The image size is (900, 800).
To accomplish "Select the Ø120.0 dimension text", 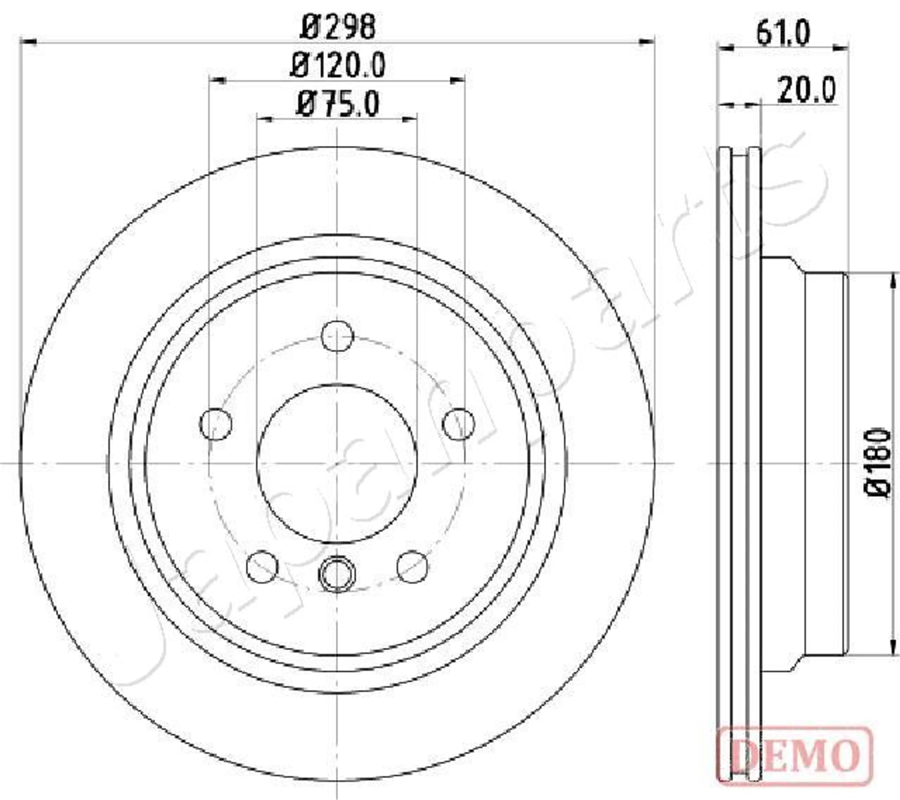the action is [x=338, y=65].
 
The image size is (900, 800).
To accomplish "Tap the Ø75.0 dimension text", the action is [x=338, y=104].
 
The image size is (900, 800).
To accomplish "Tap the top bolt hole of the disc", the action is [x=337, y=336].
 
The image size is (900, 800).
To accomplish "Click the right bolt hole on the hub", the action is [x=458, y=424].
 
